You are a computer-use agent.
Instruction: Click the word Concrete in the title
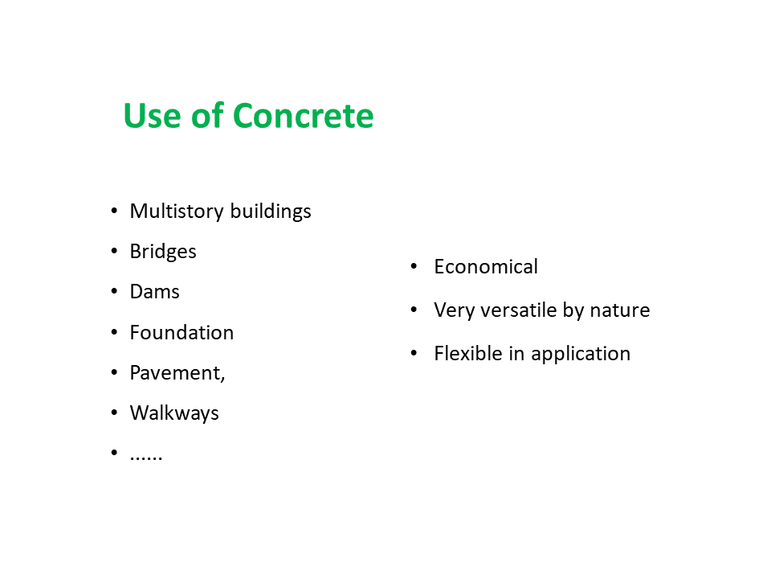[303, 116]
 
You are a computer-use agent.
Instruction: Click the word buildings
[271, 211]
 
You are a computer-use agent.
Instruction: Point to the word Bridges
[163, 252]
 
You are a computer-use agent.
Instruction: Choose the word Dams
[154, 292]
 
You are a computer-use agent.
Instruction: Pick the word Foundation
[182, 333]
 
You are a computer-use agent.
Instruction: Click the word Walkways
[174, 413]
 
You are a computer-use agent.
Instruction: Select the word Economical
[486, 267]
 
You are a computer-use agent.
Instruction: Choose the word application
[581, 355]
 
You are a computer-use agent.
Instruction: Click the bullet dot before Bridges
[114, 252]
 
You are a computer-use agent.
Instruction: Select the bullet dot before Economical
[414, 266]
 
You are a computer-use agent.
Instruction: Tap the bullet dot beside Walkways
[114, 413]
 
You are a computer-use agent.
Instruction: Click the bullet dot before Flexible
[414, 353]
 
